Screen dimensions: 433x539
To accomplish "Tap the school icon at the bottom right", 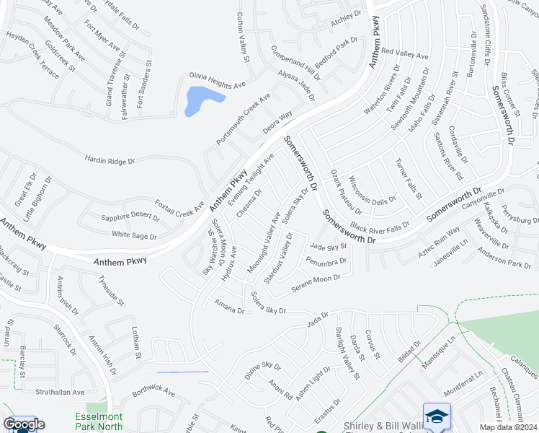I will [x=437, y=416].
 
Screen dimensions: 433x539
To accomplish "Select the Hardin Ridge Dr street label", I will [x=110, y=159].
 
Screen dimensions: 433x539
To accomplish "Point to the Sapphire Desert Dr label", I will [x=130, y=216].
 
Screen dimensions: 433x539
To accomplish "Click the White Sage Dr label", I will [x=134, y=235].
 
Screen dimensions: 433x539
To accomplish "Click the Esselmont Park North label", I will [x=98, y=422].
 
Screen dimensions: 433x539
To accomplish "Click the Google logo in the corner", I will [x=24, y=424].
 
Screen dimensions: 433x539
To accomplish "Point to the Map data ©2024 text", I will [x=508, y=427].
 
